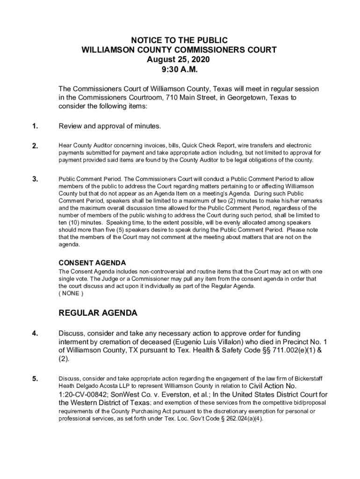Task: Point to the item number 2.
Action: point(35,146)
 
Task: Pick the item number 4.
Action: point(35,334)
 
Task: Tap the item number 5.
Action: point(35,379)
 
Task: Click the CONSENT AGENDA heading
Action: point(92,263)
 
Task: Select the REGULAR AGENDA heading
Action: point(98,313)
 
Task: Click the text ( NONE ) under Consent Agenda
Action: point(71,294)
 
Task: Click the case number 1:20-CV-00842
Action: point(83,394)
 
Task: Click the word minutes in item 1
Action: point(147,126)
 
